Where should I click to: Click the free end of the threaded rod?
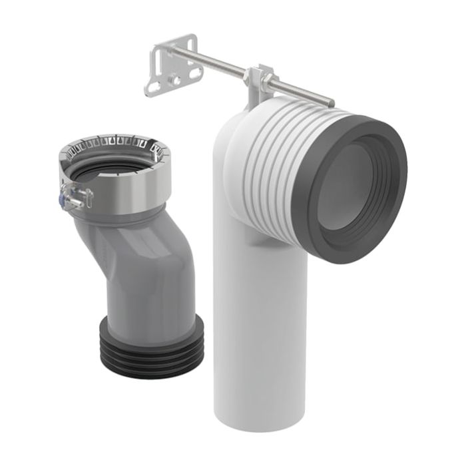331,102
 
